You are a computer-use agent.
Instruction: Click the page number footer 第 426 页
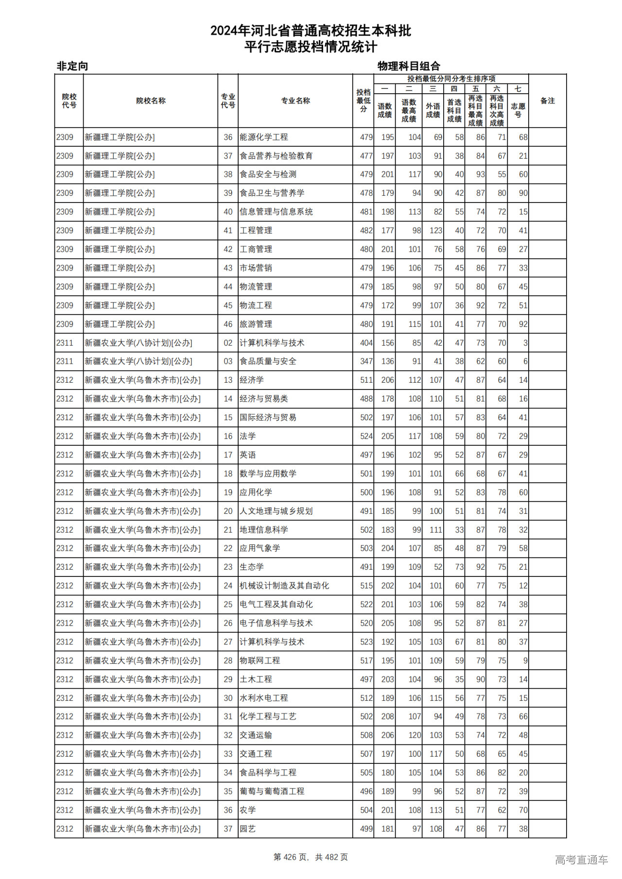tap(292, 857)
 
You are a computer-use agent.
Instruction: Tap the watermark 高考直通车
tap(581, 860)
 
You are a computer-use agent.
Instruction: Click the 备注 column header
tap(547, 101)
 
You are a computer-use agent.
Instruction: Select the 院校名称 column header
tap(151, 101)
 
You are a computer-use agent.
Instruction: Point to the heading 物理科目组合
tap(409, 66)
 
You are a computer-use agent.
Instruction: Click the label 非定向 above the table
tap(72, 66)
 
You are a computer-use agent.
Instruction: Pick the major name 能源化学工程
tap(264, 137)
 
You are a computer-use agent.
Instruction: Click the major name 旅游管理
tap(256, 324)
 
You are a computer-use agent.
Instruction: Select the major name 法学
tap(247, 436)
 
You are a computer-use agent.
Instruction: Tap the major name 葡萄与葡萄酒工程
tap(272, 791)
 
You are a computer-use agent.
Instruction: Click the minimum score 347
tap(366, 361)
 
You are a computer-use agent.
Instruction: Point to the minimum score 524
tap(366, 436)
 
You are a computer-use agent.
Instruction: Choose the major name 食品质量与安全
tap(268, 361)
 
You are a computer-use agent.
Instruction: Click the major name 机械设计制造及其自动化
tap(284, 586)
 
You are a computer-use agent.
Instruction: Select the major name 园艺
tap(247, 829)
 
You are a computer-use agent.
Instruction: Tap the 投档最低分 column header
tap(363, 101)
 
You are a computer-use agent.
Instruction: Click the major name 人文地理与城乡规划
tap(276, 511)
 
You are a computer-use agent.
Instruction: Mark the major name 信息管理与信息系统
tap(276, 212)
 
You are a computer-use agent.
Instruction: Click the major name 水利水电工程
tap(264, 698)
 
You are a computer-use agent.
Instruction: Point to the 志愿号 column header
tap(518, 110)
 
